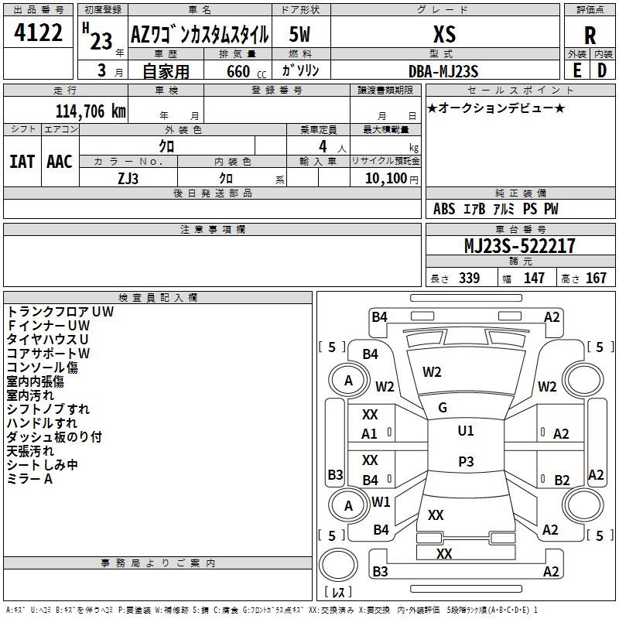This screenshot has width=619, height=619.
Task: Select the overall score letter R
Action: tap(590, 36)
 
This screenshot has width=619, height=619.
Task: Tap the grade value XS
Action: tap(445, 35)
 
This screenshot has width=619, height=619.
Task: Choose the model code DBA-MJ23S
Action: tap(444, 71)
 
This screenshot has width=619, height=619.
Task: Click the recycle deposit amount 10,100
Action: tap(385, 179)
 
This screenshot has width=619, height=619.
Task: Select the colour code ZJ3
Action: tap(128, 179)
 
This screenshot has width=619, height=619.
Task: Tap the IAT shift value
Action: tap(22, 161)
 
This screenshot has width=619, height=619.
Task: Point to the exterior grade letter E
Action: tap(576, 70)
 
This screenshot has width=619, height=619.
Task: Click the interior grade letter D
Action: tap(602, 70)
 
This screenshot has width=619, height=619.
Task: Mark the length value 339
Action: tap(469, 278)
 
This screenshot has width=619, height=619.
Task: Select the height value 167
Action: tap(596, 278)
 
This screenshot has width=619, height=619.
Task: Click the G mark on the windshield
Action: tap(443, 408)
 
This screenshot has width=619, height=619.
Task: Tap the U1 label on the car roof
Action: tap(465, 431)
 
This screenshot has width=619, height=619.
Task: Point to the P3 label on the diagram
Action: tap(465, 462)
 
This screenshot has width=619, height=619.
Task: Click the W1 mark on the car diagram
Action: tap(381, 501)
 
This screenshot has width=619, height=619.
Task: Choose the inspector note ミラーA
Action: tap(29, 479)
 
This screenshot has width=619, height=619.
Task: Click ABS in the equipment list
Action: tap(444, 209)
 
